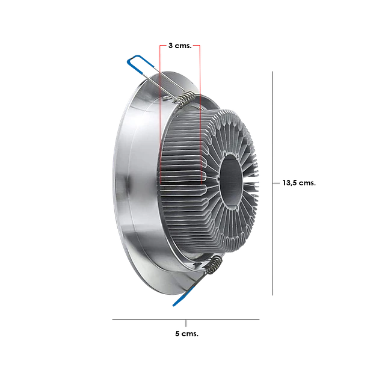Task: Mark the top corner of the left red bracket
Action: tap(158, 45)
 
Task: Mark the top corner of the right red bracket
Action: tap(200, 45)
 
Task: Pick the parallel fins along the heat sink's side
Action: tap(180, 168)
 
